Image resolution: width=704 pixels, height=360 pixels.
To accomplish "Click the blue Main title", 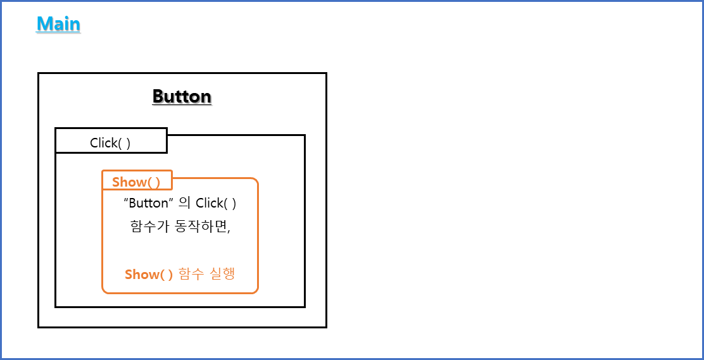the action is click(58, 24).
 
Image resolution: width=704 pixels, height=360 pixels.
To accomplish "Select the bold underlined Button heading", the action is click(182, 97).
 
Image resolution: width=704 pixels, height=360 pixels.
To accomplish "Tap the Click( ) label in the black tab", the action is click(111, 143).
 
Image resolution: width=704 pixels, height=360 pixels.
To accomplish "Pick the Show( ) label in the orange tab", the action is click(136, 182).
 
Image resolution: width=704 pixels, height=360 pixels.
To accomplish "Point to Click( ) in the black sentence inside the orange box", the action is click(216, 204).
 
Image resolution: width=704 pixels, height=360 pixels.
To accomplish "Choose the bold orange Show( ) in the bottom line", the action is click(149, 275).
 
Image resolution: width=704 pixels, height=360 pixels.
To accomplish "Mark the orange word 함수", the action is click(192, 275).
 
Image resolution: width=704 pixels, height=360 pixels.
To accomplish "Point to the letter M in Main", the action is click(44, 24).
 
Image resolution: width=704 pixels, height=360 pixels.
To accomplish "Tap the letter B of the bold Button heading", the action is click(158, 97).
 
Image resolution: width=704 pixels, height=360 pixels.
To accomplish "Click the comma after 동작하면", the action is click(229, 230).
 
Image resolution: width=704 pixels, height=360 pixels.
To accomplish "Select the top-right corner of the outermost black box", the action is click(326, 73).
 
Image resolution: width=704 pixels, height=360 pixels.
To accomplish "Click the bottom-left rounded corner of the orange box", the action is click(104, 292).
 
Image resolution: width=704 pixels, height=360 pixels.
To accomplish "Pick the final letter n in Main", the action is click(75, 25).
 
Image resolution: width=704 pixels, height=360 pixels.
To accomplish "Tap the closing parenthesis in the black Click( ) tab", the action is click(129, 143).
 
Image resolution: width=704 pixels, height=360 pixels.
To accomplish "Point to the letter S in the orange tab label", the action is click(116, 182).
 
